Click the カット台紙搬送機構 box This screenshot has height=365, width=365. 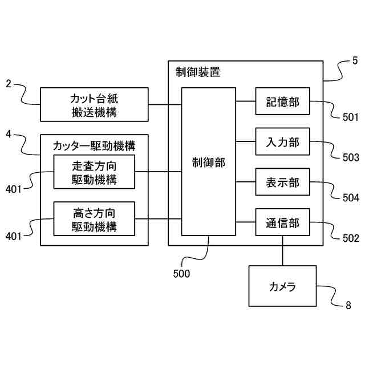tap(94, 104)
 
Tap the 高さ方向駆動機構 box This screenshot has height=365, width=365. tap(94, 219)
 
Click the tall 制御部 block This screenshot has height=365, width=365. tap(209, 161)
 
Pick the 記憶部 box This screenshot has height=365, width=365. tap(283, 103)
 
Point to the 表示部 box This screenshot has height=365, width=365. tap(283, 183)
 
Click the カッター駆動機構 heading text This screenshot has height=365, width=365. tap(94, 145)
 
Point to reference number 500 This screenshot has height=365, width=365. tap(181, 273)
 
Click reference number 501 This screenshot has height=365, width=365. tap(351, 118)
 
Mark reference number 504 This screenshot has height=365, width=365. tap(351, 198)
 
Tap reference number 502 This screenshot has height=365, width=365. tap(351, 238)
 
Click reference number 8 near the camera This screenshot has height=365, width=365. tap(348, 305)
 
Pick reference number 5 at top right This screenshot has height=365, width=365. tap(355, 59)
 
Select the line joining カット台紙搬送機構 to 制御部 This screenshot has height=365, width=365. tap(165, 104)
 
